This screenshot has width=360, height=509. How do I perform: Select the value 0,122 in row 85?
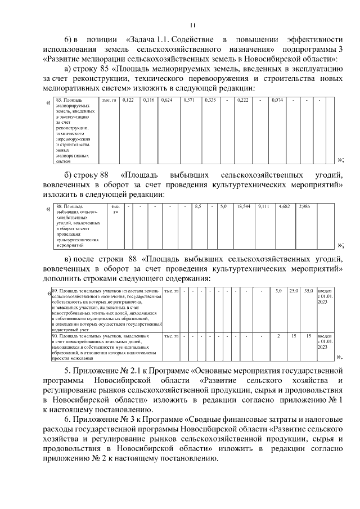click(x=128, y=100)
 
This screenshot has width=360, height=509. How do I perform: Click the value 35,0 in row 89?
click(x=308, y=290)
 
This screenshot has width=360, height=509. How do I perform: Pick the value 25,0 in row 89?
click(x=293, y=290)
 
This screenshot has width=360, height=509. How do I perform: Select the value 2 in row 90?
click(x=278, y=336)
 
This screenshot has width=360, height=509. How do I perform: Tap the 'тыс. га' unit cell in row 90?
click(x=170, y=336)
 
